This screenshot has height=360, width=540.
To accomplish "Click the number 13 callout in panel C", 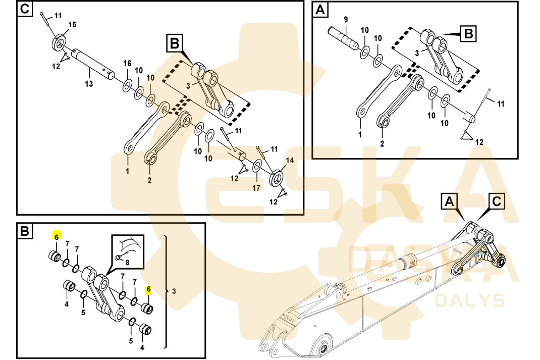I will click(x=89, y=84).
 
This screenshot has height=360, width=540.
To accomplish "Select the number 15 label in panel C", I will click(x=72, y=25).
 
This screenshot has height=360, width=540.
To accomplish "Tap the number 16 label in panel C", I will click(x=127, y=63).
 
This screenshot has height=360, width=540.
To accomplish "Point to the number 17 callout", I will click(x=256, y=188).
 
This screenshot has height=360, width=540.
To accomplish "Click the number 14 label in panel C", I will click(x=289, y=161).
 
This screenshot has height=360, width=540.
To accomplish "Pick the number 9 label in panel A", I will click(x=346, y=20).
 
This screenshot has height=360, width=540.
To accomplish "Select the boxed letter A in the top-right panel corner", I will click(x=320, y=10).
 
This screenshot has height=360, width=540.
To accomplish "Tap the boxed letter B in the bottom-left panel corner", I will click(x=25, y=232).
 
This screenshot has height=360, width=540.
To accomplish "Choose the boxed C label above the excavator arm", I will click(x=497, y=201).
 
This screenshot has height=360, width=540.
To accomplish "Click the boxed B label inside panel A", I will click(x=468, y=34).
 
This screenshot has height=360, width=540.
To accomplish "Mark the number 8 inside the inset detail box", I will click(x=127, y=262).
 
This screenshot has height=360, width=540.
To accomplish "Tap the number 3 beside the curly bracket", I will click(x=175, y=291).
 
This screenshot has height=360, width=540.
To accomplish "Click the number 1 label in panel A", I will click(x=360, y=135).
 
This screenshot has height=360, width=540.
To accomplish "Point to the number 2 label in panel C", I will click(x=149, y=180).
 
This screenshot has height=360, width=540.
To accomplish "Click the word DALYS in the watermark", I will click(x=469, y=300).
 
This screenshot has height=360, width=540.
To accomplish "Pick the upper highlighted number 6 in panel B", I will click(x=57, y=236).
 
